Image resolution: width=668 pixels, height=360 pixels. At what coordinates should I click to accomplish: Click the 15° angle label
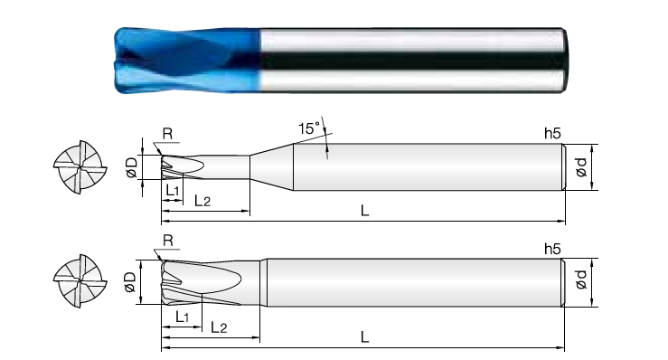pos(309,128)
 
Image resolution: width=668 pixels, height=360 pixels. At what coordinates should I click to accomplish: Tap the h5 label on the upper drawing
pos(552,134)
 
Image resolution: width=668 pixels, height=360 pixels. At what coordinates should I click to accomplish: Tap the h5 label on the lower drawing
pos(552,249)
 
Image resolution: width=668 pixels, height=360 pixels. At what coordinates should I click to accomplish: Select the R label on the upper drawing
pos(167,134)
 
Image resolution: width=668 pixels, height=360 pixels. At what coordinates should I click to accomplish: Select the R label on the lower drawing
pos(168,241)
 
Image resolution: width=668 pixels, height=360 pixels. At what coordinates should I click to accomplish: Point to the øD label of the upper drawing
pos(131,167)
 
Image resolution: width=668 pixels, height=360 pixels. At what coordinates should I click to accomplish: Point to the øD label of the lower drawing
pos(130,282)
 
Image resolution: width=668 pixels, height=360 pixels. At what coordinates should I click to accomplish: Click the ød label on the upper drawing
pos(581,167)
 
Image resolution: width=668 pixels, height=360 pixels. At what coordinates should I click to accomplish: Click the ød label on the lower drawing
pos(581,279)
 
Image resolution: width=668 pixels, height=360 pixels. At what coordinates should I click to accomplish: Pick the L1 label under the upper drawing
pos(172,190)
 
